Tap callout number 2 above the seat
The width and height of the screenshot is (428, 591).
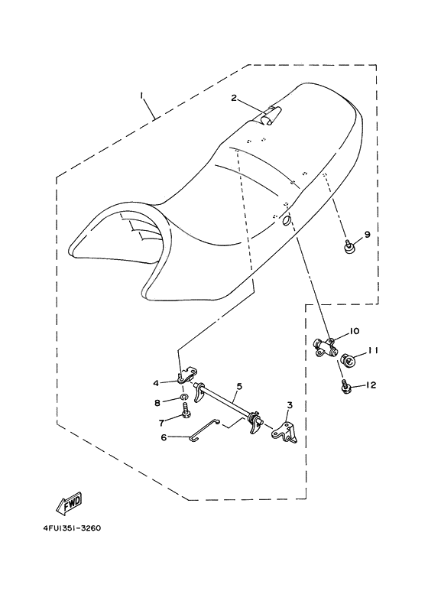click(235, 98)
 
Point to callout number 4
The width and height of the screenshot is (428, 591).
click(155, 383)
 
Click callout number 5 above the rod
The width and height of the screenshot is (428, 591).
click(238, 387)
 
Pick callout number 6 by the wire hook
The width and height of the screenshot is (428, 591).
click(164, 437)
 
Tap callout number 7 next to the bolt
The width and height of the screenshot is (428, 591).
click(161, 421)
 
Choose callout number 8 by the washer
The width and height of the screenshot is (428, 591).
click(158, 402)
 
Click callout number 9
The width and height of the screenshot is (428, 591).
click(367, 235)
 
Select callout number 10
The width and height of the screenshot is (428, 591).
click(355, 331)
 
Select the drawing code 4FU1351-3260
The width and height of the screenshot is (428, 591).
click(67, 528)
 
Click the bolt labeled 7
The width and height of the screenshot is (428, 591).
click(186, 415)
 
